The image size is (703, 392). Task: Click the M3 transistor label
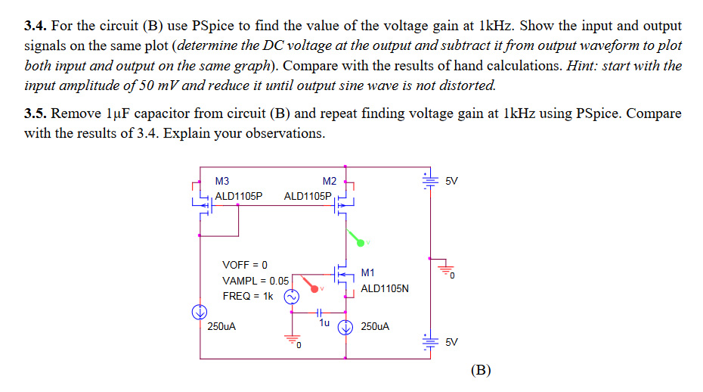(x=221, y=181)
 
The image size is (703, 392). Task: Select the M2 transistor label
(x=329, y=181)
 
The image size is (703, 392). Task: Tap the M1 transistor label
(x=368, y=272)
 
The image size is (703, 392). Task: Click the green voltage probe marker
(x=358, y=240)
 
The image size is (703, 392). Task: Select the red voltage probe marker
(x=311, y=285)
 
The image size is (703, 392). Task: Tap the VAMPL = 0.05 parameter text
(x=255, y=280)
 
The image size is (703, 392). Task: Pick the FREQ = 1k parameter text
(x=247, y=296)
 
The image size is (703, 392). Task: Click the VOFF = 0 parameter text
(x=244, y=265)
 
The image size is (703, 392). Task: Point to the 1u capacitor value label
(x=324, y=322)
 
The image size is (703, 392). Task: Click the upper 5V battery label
(x=451, y=181)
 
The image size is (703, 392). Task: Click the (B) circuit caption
(x=480, y=370)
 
